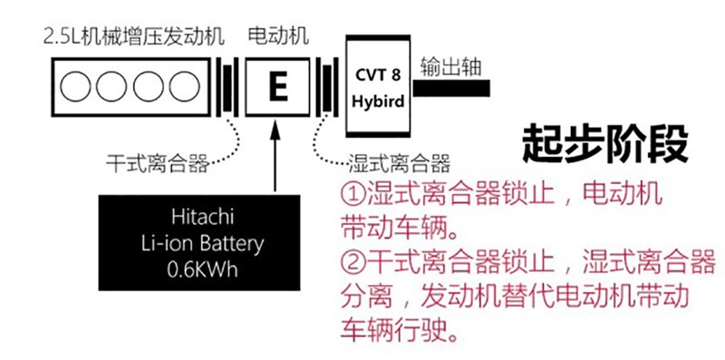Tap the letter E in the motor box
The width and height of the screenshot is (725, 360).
(277, 87)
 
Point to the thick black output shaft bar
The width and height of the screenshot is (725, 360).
(452, 88)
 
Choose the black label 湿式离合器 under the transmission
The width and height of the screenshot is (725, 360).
(399, 164)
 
